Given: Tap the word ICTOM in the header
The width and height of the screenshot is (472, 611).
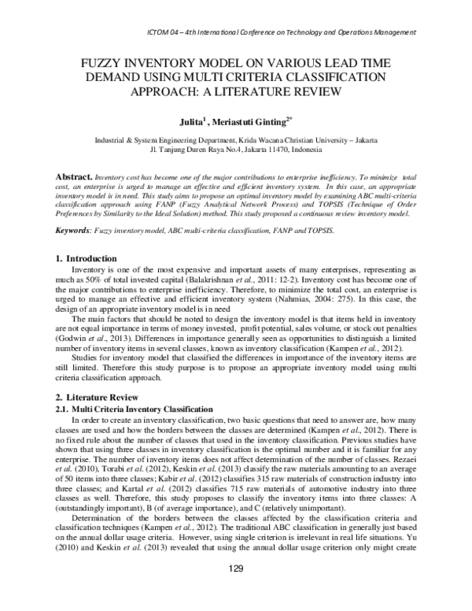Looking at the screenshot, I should [161, 32].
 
